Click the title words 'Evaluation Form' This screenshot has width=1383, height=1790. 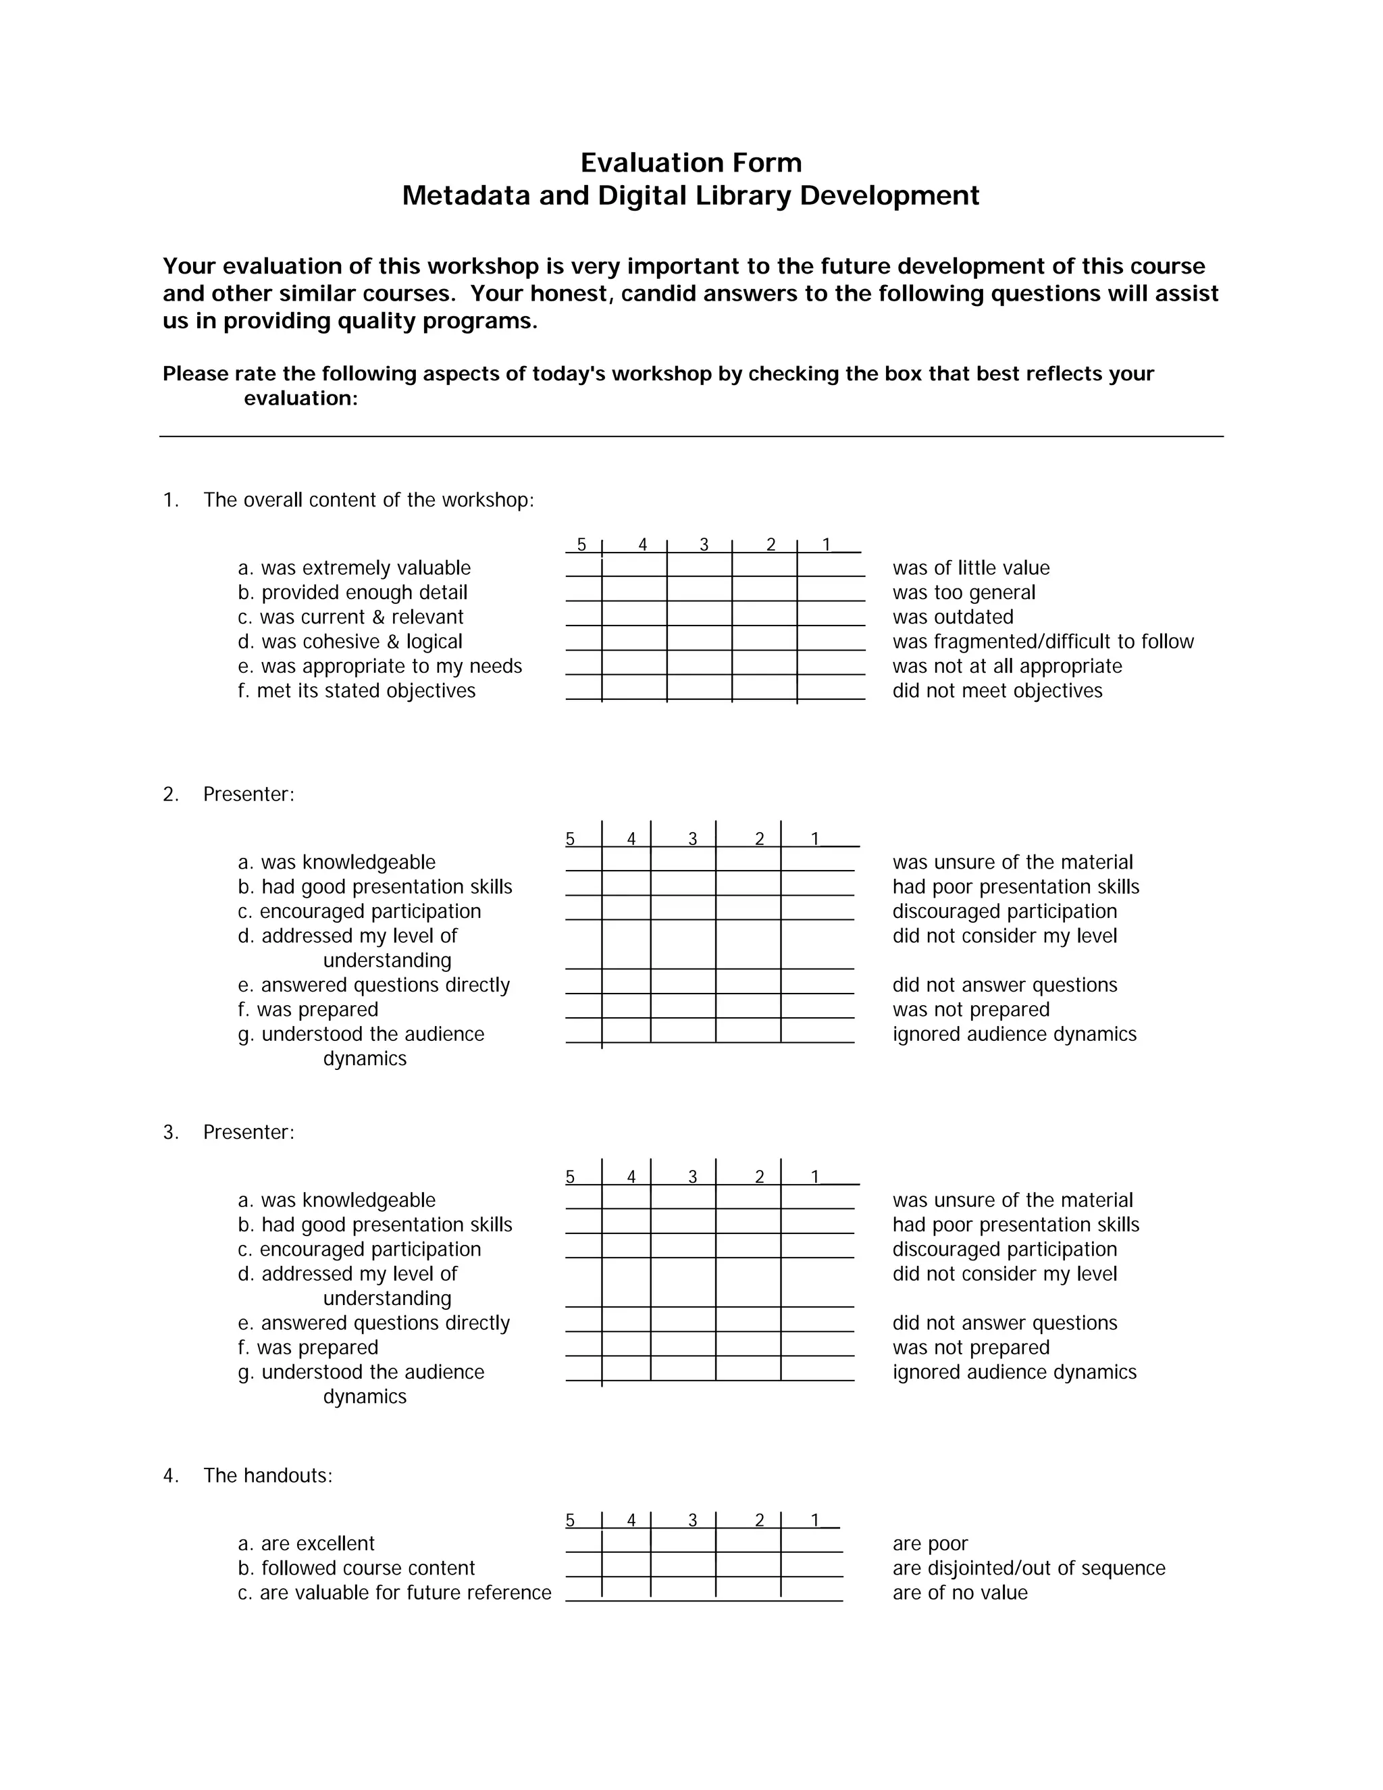click(x=691, y=162)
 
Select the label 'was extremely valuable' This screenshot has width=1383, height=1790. click(x=365, y=568)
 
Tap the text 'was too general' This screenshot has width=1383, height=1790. click(x=964, y=592)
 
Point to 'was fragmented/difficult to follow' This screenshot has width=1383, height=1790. click(x=1043, y=642)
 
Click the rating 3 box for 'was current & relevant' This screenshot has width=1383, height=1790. click(x=699, y=615)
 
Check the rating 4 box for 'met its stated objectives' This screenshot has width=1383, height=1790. click(x=634, y=688)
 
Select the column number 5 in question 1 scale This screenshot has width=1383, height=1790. click(x=581, y=545)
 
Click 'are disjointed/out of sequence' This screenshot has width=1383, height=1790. click(x=1028, y=1568)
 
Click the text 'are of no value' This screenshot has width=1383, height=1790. click(x=960, y=1593)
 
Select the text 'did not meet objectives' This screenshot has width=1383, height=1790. click(x=997, y=691)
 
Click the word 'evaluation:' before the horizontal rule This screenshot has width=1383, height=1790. click(x=301, y=399)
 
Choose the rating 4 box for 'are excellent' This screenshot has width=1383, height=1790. click(x=626, y=1541)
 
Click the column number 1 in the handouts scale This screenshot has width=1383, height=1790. click(x=815, y=1520)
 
